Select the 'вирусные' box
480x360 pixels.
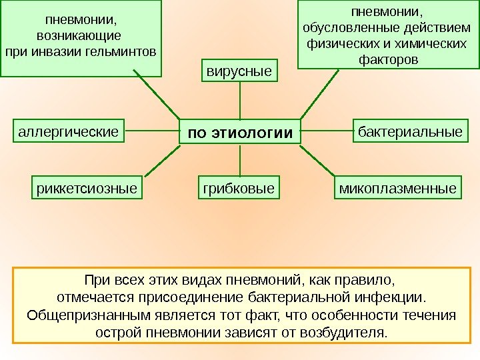pos(239,71)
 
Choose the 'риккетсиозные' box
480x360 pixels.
pos(87,189)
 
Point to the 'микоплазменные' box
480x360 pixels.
pos(399,189)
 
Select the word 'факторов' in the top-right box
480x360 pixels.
pos(389,60)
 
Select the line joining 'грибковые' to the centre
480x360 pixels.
pos(239,161)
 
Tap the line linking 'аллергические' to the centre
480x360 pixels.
pos(153,131)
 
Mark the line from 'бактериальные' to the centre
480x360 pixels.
pos(327,131)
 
